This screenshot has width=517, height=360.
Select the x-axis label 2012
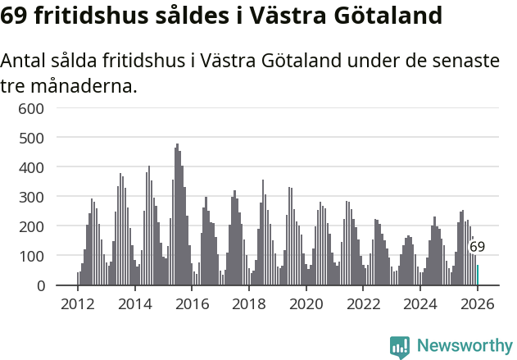[x=78, y=304]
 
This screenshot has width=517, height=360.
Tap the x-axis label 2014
[x=135, y=304]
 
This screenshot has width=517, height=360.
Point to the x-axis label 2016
[x=193, y=304]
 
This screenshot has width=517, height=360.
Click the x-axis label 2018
[x=249, y=304]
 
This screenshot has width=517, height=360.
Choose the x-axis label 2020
[x=306, y=304]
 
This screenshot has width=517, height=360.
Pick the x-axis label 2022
[x=364, y=304]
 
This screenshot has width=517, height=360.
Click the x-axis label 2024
[x=420, y=304]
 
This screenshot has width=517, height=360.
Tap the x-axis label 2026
[x=478, y=304]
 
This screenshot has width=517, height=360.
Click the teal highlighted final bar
[x=478, y=276]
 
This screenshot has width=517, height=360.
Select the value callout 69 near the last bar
[x=477, y=247]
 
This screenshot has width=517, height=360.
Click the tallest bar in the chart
[x=177, y=215]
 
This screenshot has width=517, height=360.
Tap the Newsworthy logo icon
[x=400, y=347]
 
